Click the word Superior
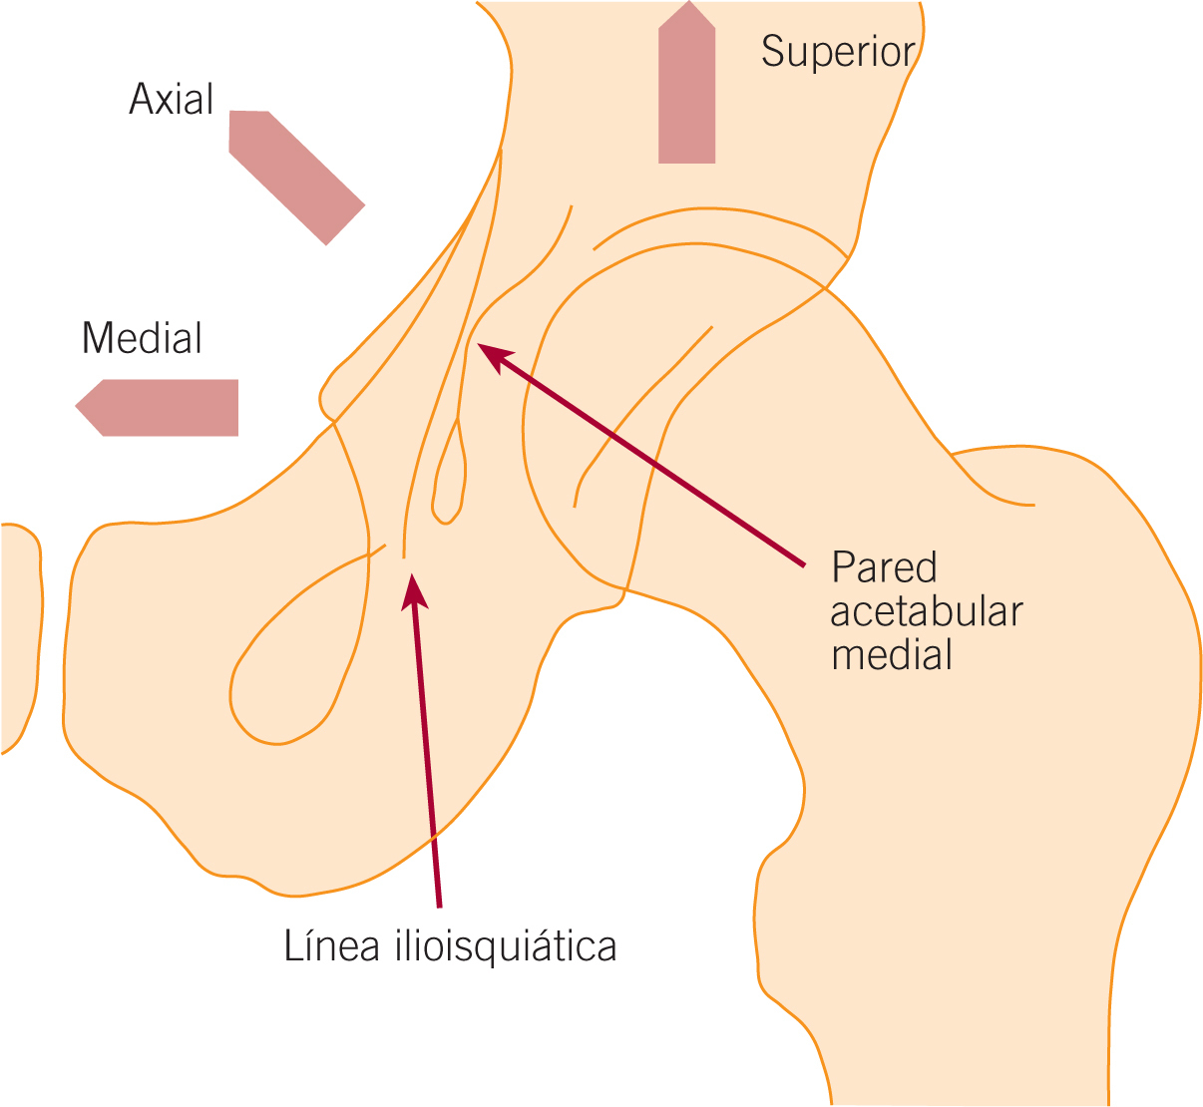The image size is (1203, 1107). (x=838, y=52)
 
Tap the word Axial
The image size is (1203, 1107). (x=172, y=100)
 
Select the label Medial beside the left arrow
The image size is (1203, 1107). (x=142, y=339)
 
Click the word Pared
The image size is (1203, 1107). (x=885, y=567)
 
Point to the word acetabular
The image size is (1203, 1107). (x=927, y=611)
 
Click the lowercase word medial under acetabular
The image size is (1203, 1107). (x=892, y=655)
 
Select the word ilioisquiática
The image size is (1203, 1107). (x=502, y=945)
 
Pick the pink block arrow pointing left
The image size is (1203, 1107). (x=160, y=407)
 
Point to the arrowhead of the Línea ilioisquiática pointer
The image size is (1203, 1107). (x=414, y=588)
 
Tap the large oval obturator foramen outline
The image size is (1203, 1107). (x=299, y=648)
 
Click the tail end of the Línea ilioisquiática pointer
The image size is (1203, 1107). (x=439, y=906)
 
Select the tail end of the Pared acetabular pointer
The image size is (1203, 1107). (x=803, y=565)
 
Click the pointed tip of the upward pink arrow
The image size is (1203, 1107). (x=687, y=4)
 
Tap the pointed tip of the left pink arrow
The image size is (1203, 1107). (x=78, y=407)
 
